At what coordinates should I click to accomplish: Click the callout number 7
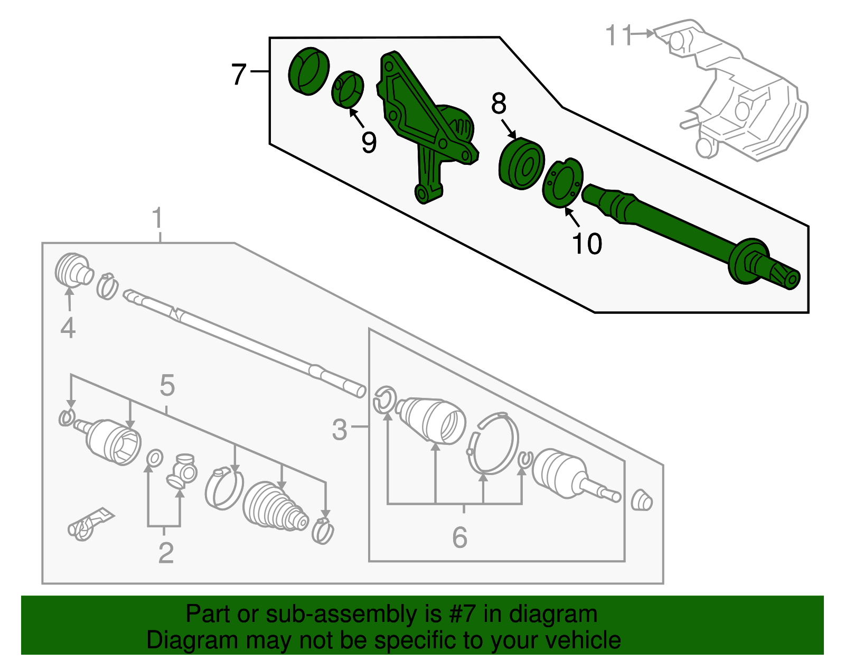(239, 74)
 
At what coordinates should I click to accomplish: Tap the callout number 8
(499, 104)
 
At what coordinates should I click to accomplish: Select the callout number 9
(369, 142)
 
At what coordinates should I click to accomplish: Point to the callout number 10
(587, 244)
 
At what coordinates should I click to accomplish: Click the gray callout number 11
(618, 35)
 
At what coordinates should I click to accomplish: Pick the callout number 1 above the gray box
(157, 218)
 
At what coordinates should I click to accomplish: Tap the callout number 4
(68, 328)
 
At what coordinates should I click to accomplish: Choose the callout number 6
(459, 537)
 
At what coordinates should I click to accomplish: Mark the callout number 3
(340, 430)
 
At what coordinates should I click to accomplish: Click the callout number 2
(166, 553)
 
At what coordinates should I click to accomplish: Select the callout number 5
(167, 385)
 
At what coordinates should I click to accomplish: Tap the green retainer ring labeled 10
(563, 183)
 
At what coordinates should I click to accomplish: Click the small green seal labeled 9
(348, 89)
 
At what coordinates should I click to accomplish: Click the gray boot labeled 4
(73, 269)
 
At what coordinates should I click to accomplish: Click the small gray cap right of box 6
(641, 500)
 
